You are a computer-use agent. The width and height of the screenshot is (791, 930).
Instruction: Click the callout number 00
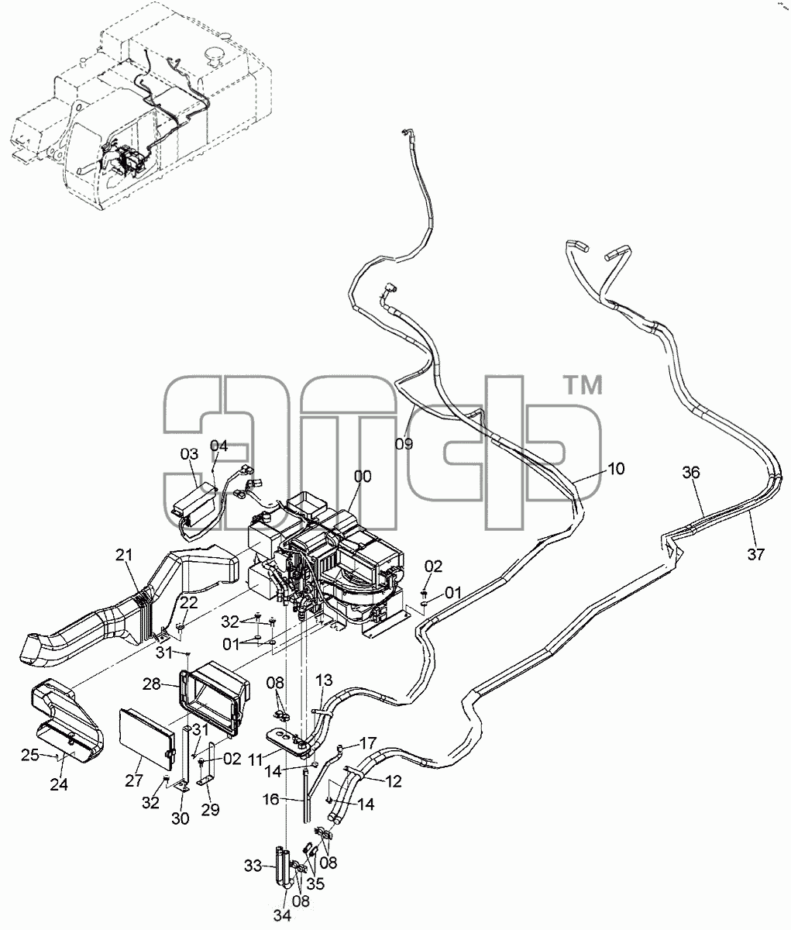363,477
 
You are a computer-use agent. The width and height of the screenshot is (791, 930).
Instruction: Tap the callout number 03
189,454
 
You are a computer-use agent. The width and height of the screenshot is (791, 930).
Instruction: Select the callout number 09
404,444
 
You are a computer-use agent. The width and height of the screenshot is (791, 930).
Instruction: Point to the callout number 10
616,469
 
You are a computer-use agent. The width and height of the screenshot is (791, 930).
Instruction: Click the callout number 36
691,473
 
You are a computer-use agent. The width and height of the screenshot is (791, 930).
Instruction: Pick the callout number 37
756,554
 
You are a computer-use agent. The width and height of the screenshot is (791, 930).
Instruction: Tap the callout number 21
124,555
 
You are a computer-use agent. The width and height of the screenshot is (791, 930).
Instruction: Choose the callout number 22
189,603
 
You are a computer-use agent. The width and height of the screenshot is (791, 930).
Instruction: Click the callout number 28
152,684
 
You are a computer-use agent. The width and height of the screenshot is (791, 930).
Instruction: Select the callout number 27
134,780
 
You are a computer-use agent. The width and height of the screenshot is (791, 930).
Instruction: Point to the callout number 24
59,784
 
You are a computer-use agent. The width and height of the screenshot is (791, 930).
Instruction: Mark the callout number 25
30,756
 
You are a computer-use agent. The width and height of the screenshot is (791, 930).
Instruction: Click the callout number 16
271,800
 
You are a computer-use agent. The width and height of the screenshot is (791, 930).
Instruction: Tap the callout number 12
394,781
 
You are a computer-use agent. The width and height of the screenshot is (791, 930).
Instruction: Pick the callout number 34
282,915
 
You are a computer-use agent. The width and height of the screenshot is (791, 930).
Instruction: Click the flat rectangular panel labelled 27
146,739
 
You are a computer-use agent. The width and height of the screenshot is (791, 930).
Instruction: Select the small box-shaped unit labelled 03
194,505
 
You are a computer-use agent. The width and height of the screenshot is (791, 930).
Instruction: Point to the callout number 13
323,680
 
